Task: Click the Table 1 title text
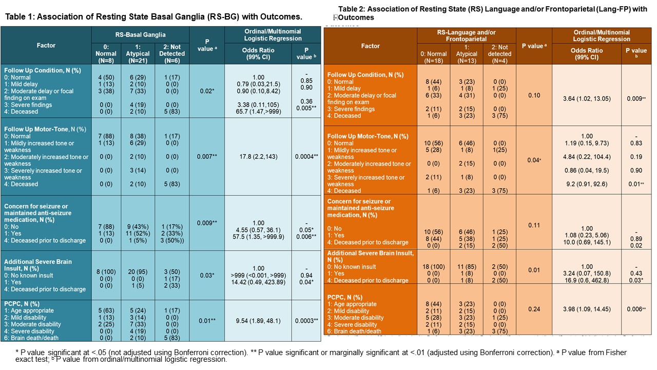[153, 16]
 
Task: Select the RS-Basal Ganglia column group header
[140, 35]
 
